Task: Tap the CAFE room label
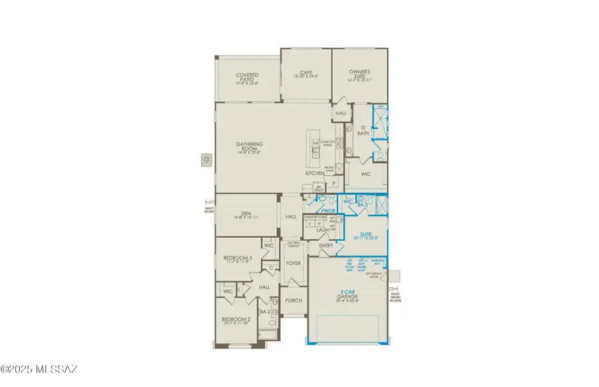point(305,73)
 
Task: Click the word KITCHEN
point(315,173)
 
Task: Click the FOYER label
point(293,263)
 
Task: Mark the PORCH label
point(293,300)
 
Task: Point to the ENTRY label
point(326,246)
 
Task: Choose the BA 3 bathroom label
point(362,206)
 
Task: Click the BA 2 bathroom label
point(264,311)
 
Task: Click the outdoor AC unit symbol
point(206,160)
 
